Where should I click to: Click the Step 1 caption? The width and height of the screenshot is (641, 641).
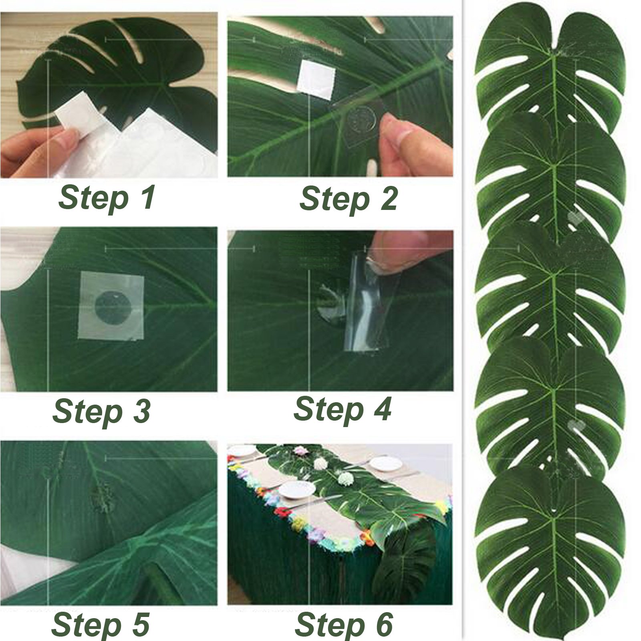pyautogui.click(x=107, y=198)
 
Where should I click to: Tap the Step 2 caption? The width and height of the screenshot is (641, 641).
pyautogui.click(x=349, y=199)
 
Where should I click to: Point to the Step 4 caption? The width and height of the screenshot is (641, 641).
pyautogui.click(x=343, y=409)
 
